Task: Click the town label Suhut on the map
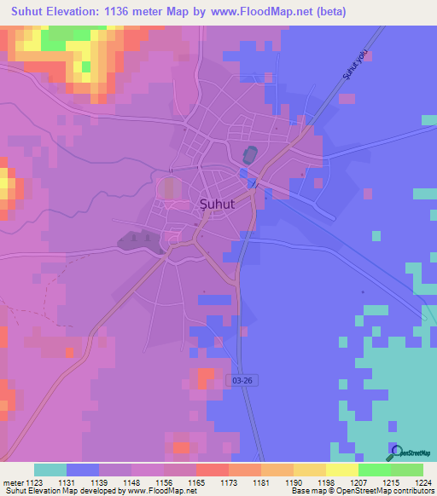[x=217, y=205]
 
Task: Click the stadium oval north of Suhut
[x=249, y=155]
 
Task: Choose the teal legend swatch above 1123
[x=50, y=470]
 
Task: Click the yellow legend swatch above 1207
[x=342, y=470]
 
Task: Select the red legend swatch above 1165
[x=212, y=470]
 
